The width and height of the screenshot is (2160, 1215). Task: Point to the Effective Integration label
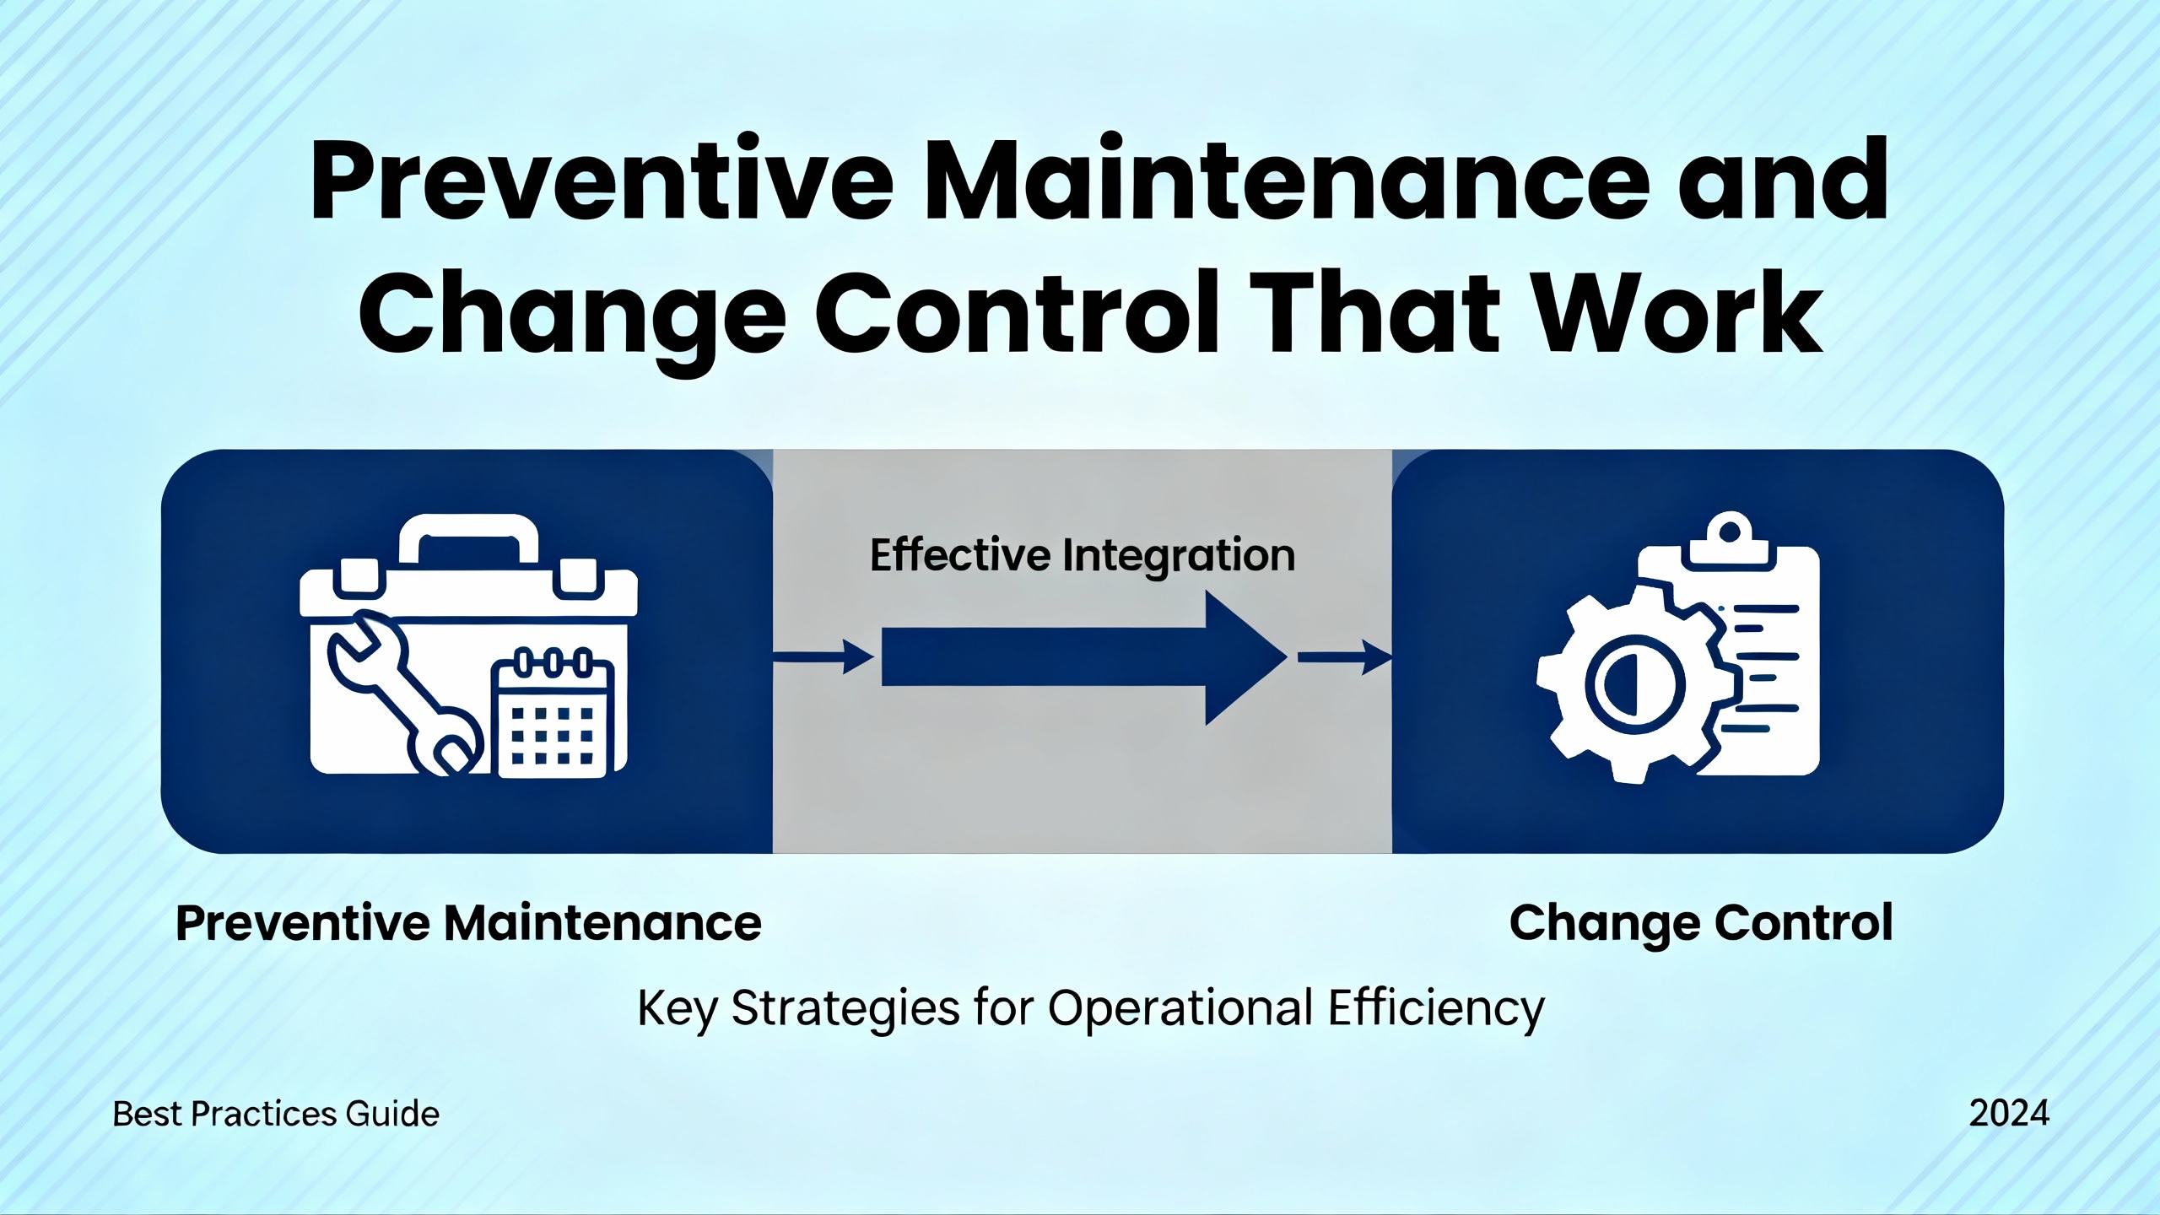tap(1083, 555)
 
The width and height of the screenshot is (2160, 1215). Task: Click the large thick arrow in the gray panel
tap(1085, 657)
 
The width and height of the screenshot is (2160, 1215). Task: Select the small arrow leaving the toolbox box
tap(823, 657)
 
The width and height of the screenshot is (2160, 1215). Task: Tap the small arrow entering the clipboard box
tap(1345, 657)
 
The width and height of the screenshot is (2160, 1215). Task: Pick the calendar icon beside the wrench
tap(553, 713)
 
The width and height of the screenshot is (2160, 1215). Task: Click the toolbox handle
tap(468, 540)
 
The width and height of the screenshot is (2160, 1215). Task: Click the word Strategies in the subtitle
tap(845, 1008)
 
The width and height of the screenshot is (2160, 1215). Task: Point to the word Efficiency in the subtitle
tap(1437, 1008)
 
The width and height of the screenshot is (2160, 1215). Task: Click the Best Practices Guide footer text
tap(276, 1115)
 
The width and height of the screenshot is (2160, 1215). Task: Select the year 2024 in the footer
tap(2009, 1114)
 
